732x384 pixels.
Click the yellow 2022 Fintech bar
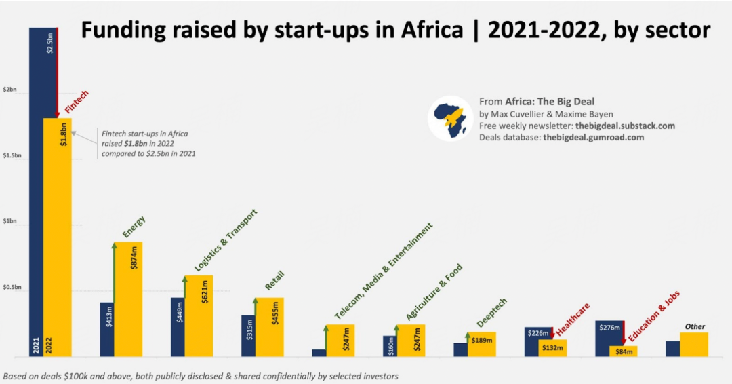point(58,237)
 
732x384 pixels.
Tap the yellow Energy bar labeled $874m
point(128,299)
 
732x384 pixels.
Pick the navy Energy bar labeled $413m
point(106,329)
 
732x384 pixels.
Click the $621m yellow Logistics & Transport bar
point(199,315)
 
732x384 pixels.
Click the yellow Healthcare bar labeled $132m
point(552,347)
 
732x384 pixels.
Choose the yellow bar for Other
point(694,344)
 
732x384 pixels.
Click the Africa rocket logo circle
point(450,118)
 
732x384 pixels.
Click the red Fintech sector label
point(77,102)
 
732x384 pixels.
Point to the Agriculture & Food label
point(434,292)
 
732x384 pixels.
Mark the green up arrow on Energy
point(115,271)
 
